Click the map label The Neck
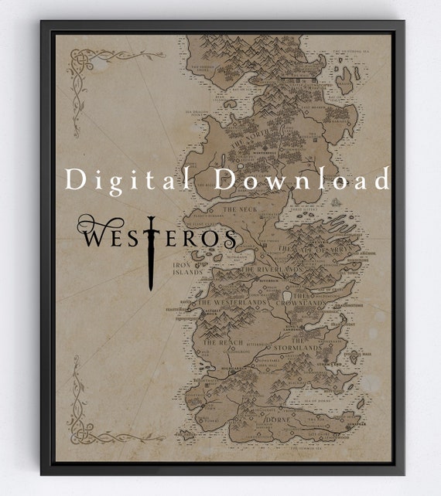click(x=239, y=209)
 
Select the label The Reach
click(x=222, y=342)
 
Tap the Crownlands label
click(x=313, y=302)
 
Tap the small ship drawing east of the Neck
click(x=334, y=203)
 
